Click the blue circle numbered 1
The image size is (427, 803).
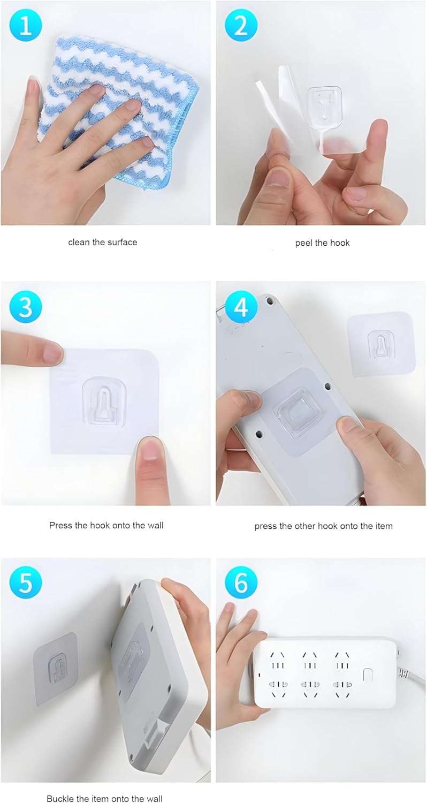tap(26, 26)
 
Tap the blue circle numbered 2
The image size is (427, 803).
tap(241, 26)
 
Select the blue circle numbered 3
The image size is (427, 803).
tap(26, 307)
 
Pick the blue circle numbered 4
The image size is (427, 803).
tap(241, 307)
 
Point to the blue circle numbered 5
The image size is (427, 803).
tap(26, 584)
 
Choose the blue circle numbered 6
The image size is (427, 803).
tap(241, 584)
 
